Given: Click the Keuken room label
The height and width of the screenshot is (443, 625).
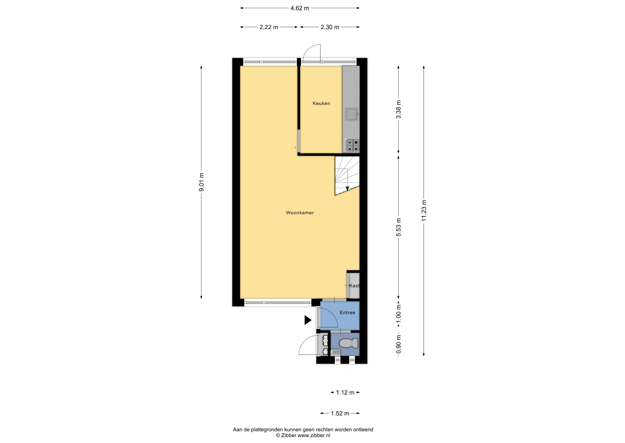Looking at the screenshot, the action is (x=321, y=103).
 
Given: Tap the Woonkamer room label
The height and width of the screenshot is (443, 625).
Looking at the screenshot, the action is (x=300, y=213).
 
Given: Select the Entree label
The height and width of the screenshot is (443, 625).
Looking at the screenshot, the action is (x=347, y=313).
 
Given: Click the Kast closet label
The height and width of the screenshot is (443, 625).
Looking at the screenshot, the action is (x=354, y=286).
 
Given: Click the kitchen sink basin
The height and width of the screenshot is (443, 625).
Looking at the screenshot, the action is (x=352, y=115).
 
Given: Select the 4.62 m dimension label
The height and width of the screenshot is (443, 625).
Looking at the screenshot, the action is (x=300, y=8).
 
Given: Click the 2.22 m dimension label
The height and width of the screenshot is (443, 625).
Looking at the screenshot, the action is (x=269, y=27).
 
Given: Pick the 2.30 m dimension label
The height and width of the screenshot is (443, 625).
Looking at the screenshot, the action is (x=330, y=27).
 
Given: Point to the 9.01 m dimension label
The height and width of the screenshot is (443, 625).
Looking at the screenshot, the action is (x=201, y=182).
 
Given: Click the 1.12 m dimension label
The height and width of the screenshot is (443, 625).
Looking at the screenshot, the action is (x=345, y=393).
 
